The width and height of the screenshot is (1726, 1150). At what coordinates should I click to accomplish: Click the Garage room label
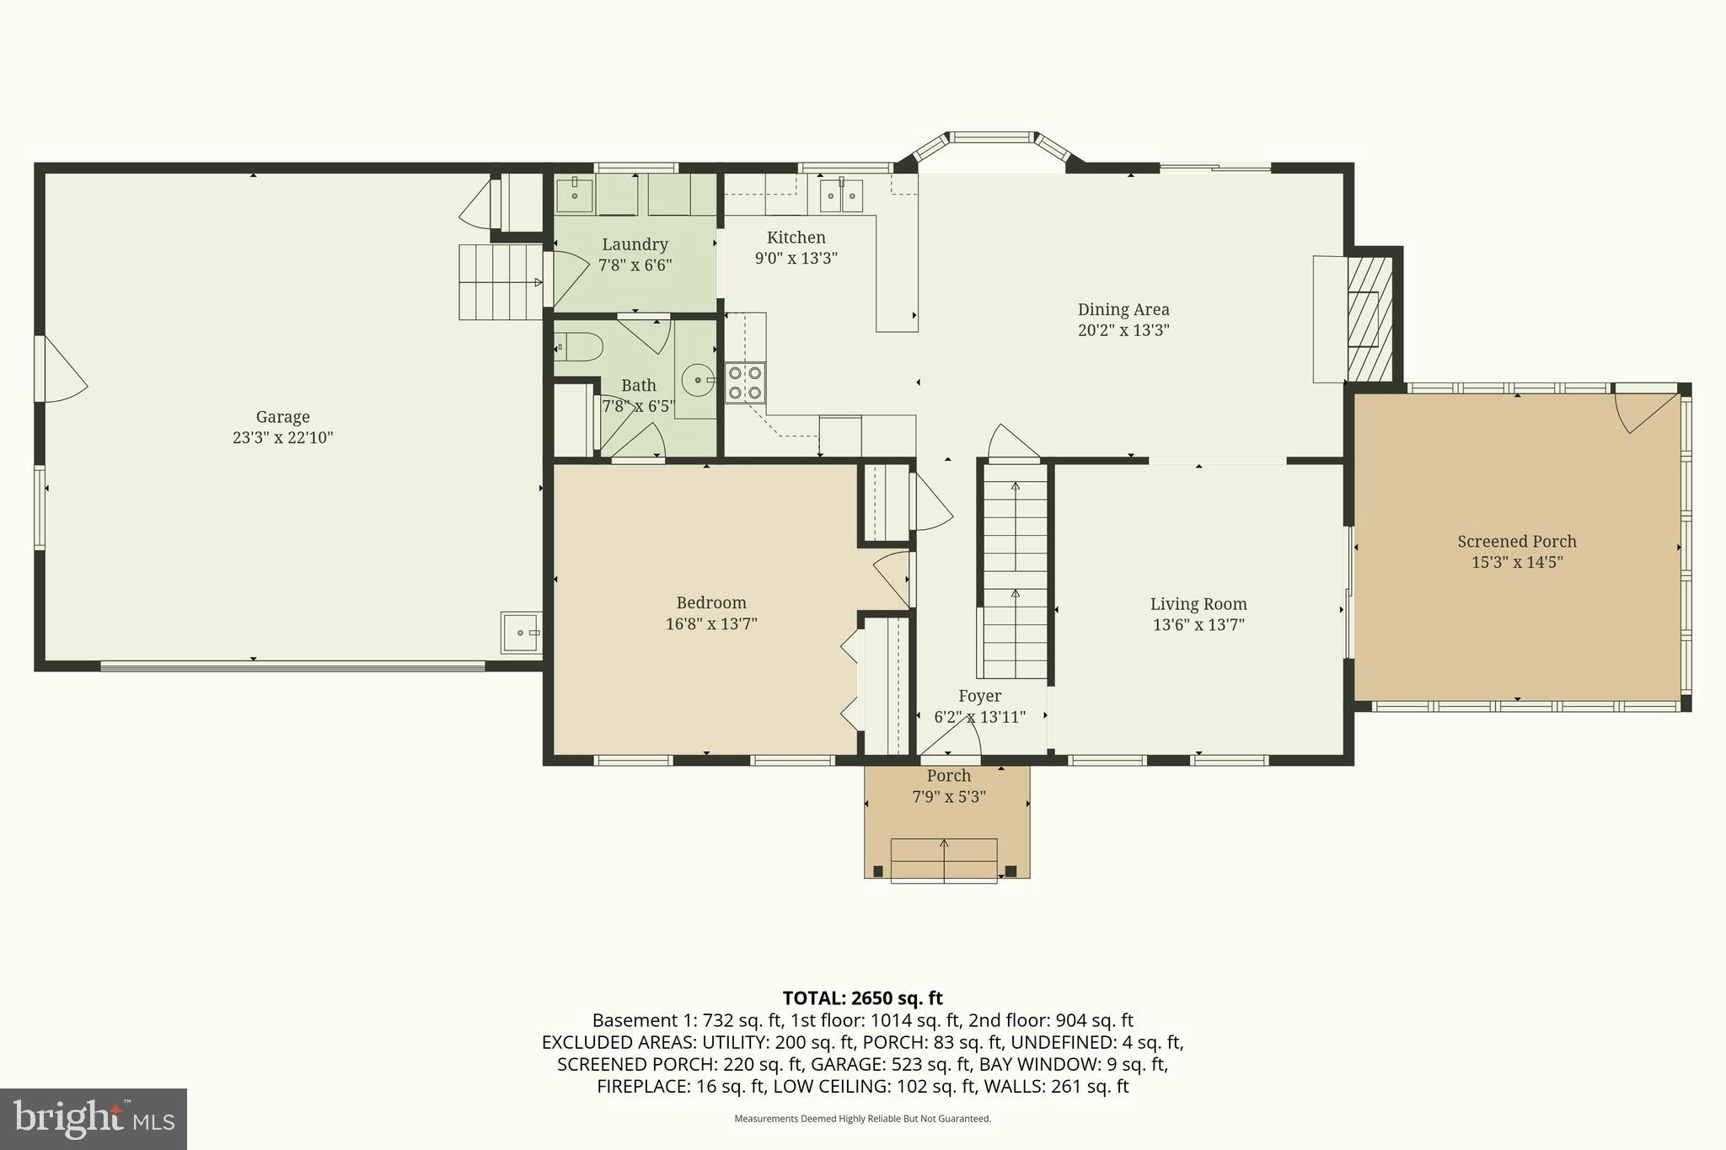(282, 417)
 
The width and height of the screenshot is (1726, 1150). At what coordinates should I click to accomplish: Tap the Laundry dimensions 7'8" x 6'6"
(635, 265)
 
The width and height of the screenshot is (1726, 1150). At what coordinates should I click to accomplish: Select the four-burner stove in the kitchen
(745, 382)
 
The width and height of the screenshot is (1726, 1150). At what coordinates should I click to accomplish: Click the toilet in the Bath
(579, 346)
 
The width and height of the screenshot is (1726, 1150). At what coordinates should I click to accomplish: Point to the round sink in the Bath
(699, 380)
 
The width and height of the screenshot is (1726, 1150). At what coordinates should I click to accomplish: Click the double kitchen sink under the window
(841, 197)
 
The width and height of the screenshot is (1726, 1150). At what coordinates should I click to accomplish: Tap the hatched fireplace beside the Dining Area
(1369, 319)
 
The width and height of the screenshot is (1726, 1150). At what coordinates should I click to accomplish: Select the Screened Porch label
(1516, 542)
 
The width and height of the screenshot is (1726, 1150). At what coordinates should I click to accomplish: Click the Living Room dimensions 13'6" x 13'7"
(1198, 625)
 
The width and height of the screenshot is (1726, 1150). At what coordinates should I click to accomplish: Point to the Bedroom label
(711, 603)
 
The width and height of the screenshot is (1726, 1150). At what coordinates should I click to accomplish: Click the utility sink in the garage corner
(520, 633)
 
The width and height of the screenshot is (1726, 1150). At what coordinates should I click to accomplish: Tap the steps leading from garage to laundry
(500, 282)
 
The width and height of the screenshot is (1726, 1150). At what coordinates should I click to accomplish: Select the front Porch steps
(944, 860)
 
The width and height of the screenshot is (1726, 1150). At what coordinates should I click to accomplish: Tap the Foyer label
(979, 697)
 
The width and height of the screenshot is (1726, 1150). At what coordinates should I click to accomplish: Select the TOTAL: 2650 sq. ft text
(862, 998)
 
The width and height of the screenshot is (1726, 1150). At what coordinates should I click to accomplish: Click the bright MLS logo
(93, 1119)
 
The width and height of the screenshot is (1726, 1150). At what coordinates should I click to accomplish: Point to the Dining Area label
(1123, 310)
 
